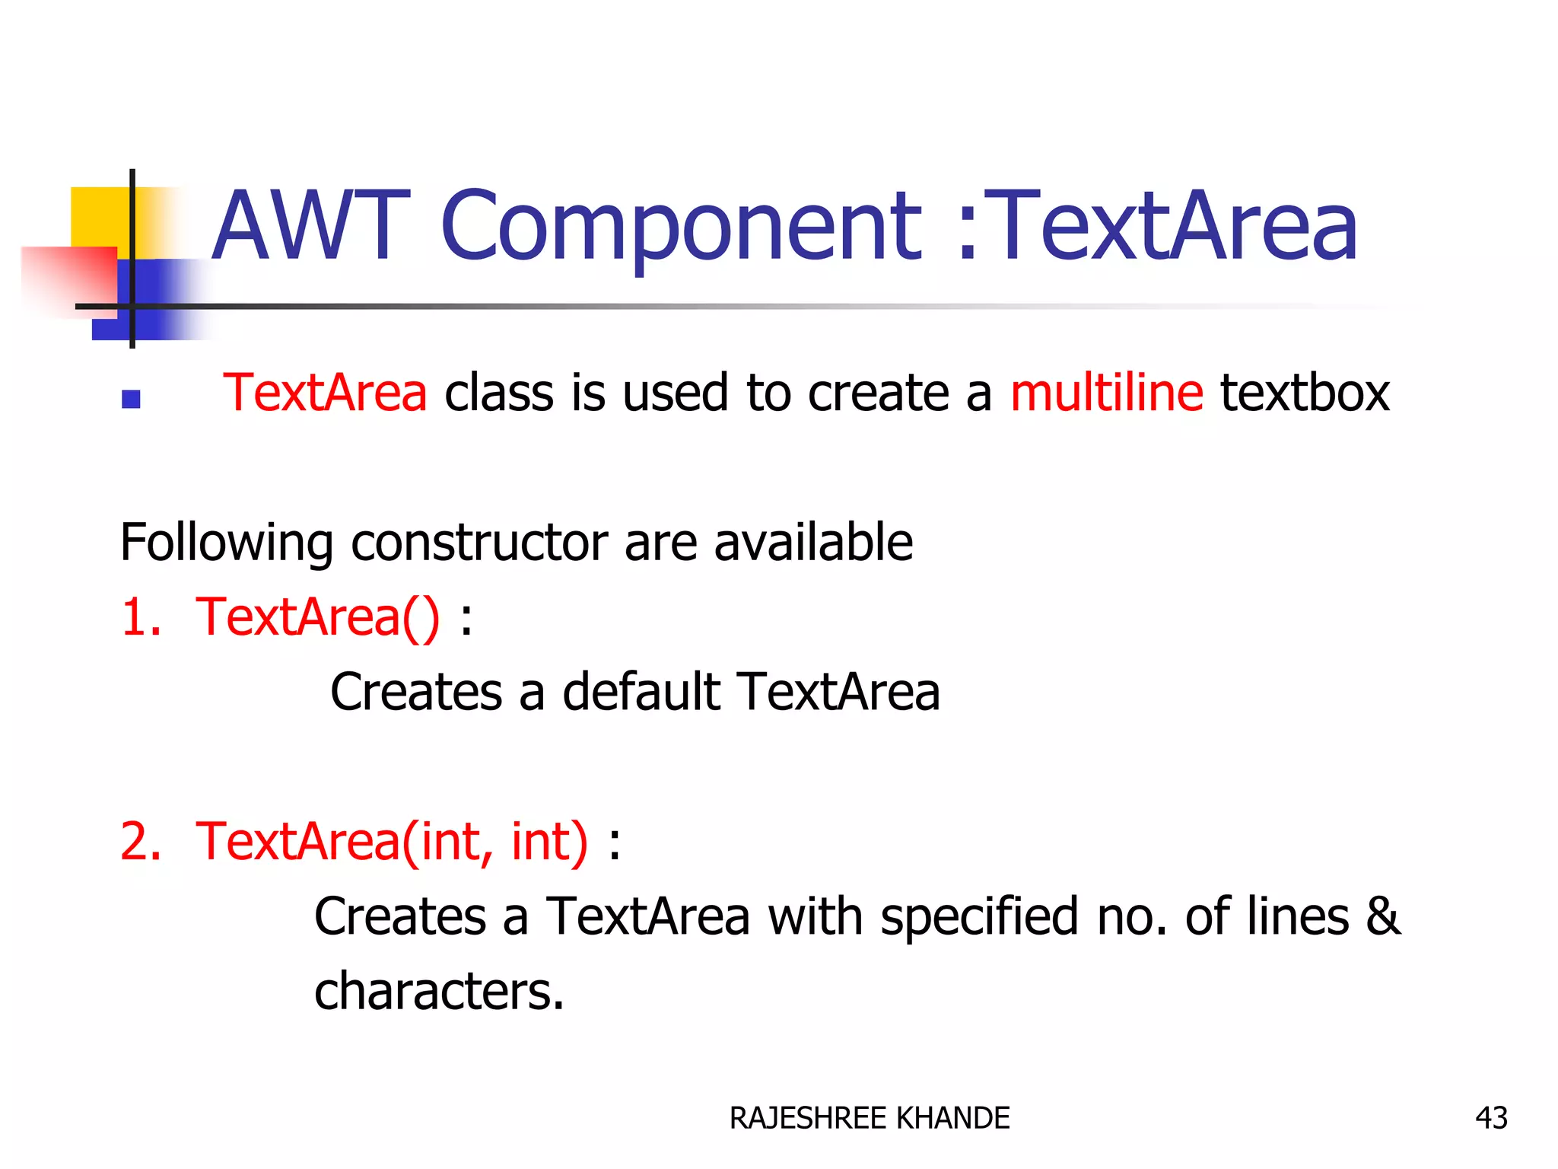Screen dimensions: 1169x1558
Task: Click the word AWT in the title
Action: [310, 227]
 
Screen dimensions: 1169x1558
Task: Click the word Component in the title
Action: [681, 227]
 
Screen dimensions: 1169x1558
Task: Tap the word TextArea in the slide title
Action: [1175, 227]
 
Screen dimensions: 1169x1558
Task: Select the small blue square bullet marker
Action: [131, 399]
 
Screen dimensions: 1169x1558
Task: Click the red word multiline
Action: [1106, 393]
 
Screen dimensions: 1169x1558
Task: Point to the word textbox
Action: [1305, 393]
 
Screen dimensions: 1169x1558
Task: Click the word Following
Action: [226, 543]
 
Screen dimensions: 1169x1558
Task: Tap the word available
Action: [812, 542]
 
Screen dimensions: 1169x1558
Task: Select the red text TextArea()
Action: [317, 616]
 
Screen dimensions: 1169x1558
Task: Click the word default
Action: [641, 692]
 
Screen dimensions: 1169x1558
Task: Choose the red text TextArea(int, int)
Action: [392, 842]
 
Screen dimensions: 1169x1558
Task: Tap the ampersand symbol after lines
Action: [1382, 916]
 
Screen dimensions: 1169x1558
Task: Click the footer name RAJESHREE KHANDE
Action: [869, 1118]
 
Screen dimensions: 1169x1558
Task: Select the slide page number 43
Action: [1490, 1118]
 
